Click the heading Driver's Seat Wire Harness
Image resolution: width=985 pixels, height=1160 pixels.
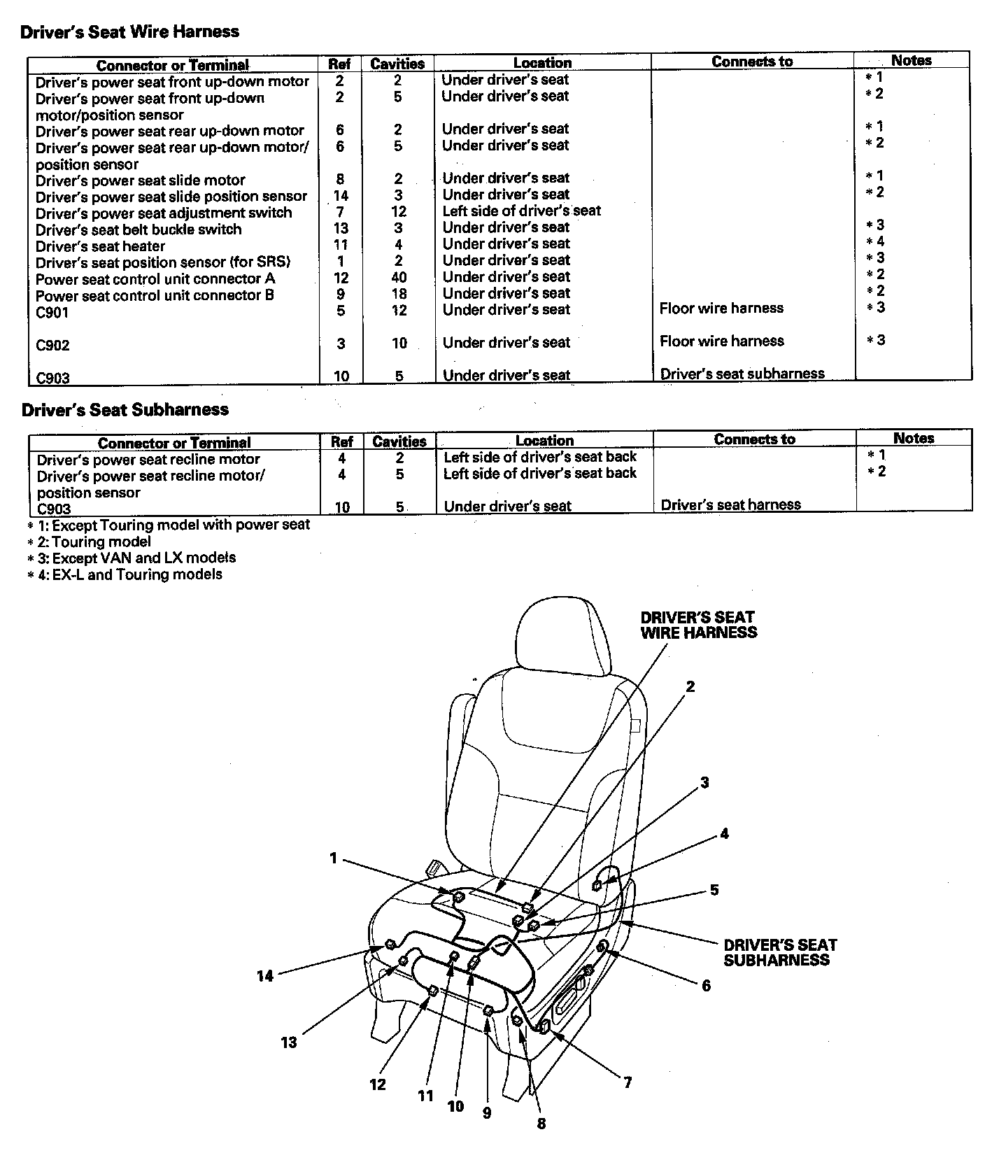130,31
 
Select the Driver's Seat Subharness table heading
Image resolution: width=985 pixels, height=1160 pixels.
125,409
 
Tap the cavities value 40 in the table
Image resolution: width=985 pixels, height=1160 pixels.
399,277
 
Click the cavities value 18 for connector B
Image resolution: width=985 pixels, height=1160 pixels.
399,294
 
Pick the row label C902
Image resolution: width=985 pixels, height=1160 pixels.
53,345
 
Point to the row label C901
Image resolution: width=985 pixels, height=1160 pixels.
52,312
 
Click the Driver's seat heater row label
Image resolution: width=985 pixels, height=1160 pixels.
101,246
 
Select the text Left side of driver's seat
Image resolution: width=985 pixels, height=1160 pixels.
521,211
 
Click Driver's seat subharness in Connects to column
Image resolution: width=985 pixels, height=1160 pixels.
742,374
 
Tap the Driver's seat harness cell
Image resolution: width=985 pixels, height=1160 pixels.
730,504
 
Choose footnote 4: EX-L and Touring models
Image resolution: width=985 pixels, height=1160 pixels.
126,574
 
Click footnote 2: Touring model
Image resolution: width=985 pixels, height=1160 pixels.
90,542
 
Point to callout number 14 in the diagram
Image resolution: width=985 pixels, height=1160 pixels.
264,976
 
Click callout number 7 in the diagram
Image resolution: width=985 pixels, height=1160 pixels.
628,1082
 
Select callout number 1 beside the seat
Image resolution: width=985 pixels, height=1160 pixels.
334,858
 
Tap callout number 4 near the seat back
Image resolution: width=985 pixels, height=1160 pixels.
724,833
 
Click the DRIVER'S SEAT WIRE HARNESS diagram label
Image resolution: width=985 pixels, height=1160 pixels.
698,625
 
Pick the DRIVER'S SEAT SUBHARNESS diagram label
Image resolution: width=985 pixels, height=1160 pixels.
779,952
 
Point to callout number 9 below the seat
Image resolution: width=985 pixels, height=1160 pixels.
487,1112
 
